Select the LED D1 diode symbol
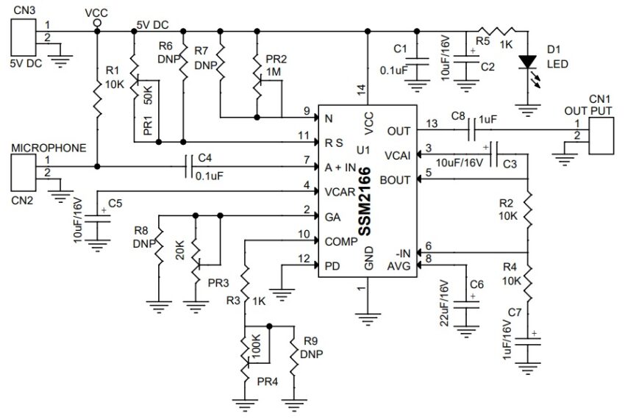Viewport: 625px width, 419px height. (526, 64)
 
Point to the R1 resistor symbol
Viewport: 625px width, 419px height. (96, 97)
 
